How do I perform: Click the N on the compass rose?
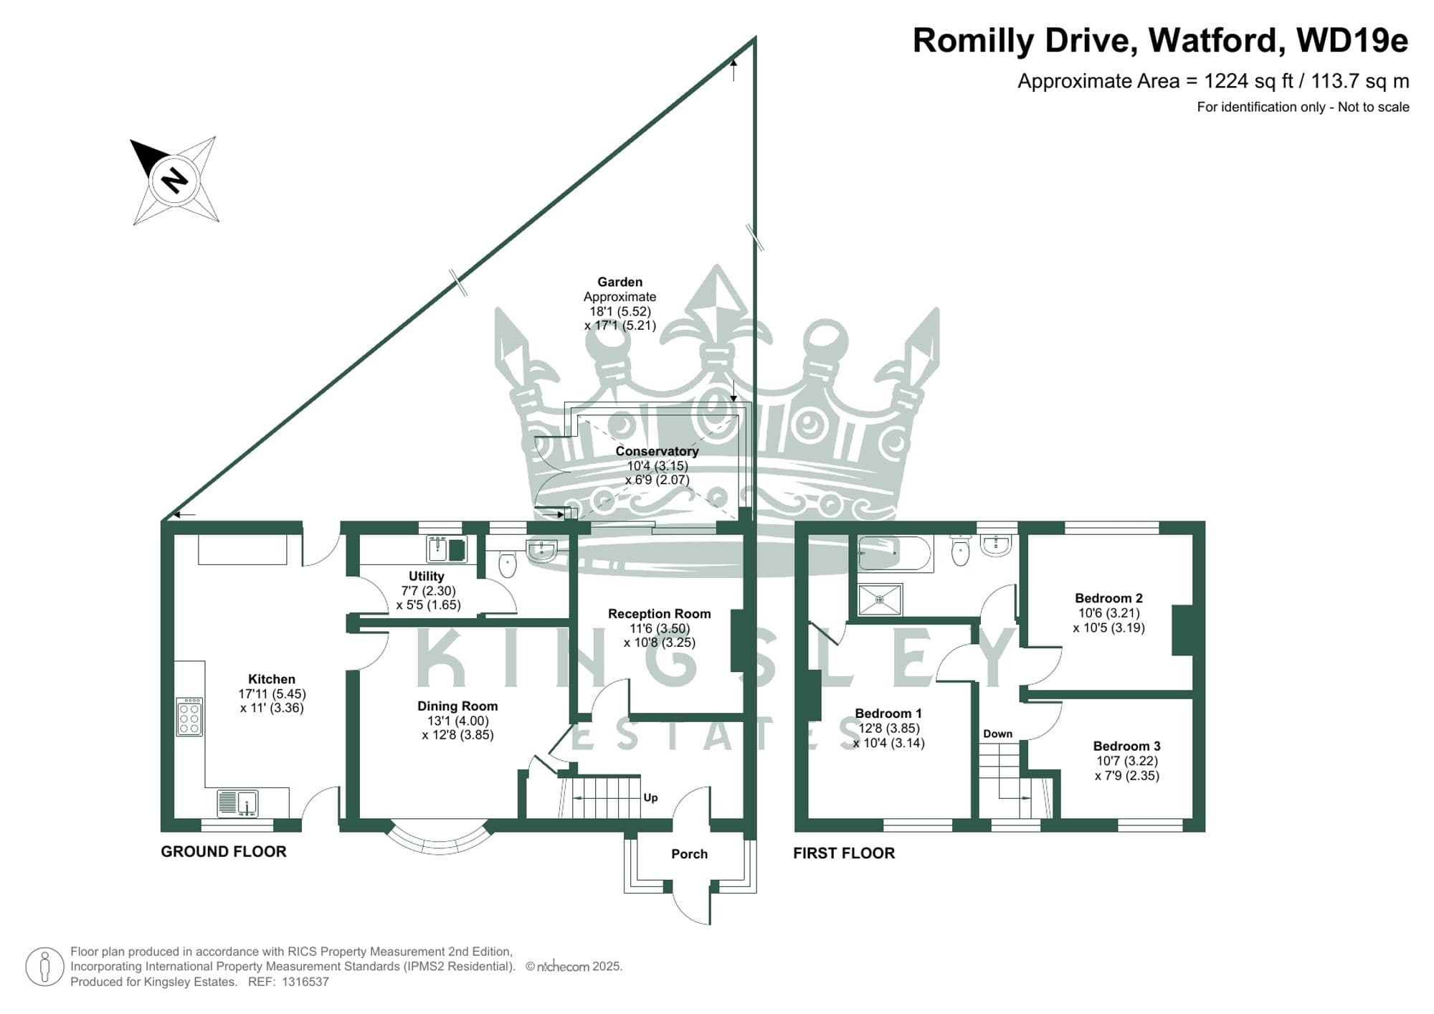(174, 179)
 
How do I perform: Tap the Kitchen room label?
(272, 679)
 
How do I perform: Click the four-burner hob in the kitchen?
(189, 716)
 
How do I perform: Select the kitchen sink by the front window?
(237, 802)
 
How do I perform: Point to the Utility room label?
(426, 576)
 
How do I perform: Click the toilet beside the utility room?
(508, 564)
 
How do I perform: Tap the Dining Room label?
(457, 706)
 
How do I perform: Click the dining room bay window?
(440, 838)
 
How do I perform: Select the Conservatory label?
(657, 451)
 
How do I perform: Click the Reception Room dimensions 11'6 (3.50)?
(659, 628)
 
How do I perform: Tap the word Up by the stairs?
(650, 797)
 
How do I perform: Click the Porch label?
(689, 854)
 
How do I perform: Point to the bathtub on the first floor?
(894, 554)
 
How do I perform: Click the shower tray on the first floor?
(880, 599)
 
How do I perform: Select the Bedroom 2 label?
(1108, 598)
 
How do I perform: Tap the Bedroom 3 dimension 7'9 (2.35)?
(1127, 775)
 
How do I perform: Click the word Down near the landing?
(997, 734)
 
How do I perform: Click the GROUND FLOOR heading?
(224, 851)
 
